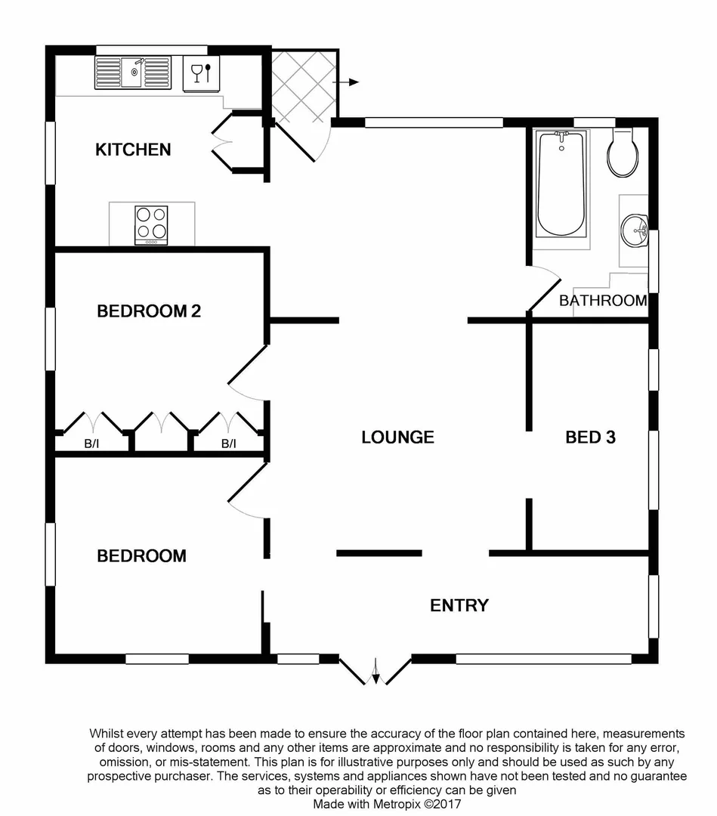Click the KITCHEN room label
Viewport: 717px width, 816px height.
[133, 150]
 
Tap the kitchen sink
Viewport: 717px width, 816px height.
[131, 73]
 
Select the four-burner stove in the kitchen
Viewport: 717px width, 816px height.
[151, 224]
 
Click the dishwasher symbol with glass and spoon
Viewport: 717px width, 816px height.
[201, 73]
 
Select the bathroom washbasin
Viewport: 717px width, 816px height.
[633, 229]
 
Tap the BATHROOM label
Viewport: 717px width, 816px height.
[602, 301]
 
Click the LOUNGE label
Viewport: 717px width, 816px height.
[397, 437]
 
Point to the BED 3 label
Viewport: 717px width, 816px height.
[591, 437]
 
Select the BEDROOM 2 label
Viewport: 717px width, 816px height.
[149, 311]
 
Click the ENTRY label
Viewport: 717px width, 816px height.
[459, 605]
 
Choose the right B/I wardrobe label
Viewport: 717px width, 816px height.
[228, 444]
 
